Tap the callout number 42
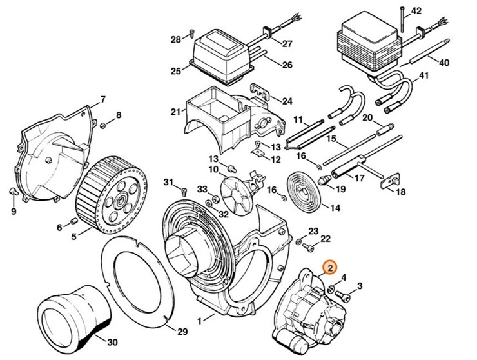(416, 11)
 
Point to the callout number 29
(182, 332)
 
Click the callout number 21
(175, 112)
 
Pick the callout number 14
(335, 208)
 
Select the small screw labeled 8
(102, 124)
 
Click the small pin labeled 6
(73, 223)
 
